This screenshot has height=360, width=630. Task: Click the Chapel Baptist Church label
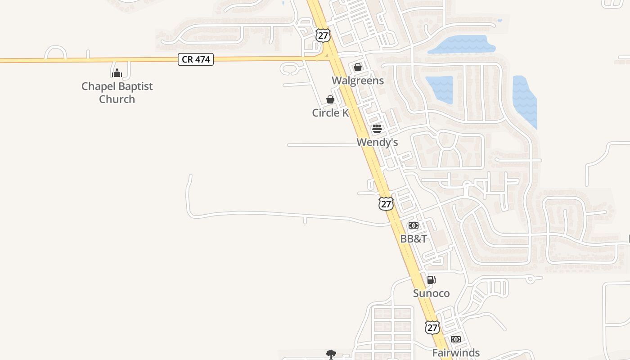[117, 93]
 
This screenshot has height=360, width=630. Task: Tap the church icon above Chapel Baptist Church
[117, 72]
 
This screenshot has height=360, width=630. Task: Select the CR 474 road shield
[196, 59]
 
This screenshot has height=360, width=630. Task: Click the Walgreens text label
[358, 81]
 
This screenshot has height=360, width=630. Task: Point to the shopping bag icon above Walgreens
[358, 67]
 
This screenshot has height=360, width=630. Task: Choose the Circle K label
[330, 112]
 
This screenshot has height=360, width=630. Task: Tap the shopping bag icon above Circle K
[330, 99]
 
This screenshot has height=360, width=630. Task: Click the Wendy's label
[377, 142]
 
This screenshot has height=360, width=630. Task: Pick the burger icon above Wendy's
[377, 129]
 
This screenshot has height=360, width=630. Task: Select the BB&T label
[414, 238]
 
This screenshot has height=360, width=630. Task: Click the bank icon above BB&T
[414, 225]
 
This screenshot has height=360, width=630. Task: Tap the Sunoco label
[431, 293]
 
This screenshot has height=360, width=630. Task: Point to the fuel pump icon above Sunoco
[431, 280]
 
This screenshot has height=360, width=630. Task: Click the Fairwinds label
[456, 353]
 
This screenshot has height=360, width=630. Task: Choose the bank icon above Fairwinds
[456, 339]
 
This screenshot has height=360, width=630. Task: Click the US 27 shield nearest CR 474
[323, 36]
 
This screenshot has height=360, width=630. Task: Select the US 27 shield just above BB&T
[386, 204]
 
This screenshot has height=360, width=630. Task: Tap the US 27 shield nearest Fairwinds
[432, 328]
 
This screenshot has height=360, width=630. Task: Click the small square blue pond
[439, 90]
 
